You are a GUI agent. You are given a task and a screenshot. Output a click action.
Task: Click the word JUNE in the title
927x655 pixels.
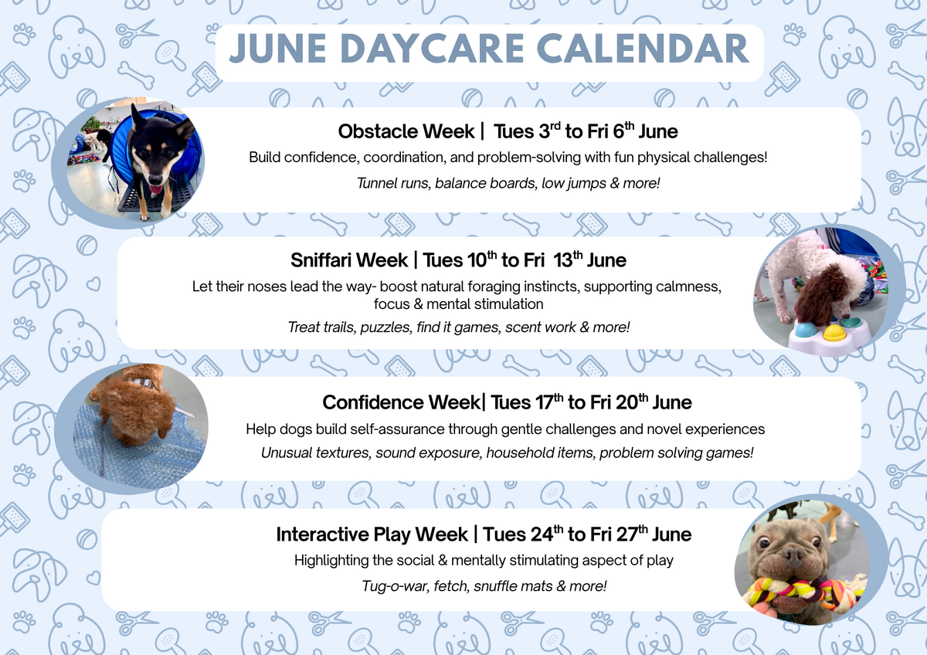[x=277, y=49]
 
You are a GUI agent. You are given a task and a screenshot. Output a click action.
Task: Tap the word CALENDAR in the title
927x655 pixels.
[x=643, y=49]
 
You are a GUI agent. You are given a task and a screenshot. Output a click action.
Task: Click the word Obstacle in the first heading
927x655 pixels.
[x=406, y=131]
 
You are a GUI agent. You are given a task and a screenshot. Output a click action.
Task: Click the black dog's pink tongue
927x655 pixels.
[x=156, y=189]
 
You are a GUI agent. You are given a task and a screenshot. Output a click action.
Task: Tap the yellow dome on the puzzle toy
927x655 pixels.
[x=834, y=332]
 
